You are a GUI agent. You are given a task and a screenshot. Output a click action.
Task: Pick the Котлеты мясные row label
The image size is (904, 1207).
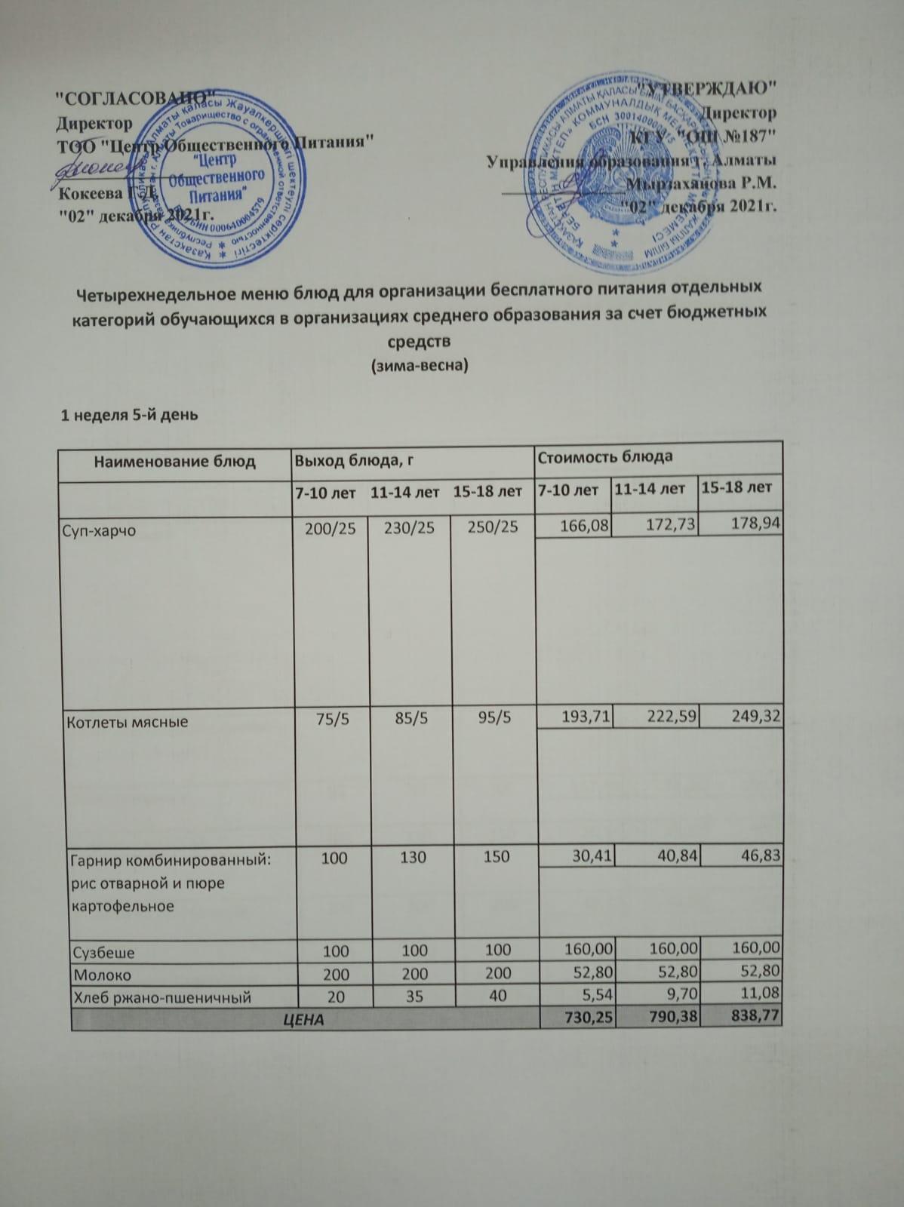click(x=129, y=722)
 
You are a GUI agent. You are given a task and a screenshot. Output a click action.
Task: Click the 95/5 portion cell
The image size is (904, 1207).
click(x=495, y=718)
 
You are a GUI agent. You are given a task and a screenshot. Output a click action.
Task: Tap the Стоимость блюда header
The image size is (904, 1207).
click(x=604, y=456)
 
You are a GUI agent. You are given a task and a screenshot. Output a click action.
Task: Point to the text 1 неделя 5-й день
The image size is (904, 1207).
click(x=130, y=414)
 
